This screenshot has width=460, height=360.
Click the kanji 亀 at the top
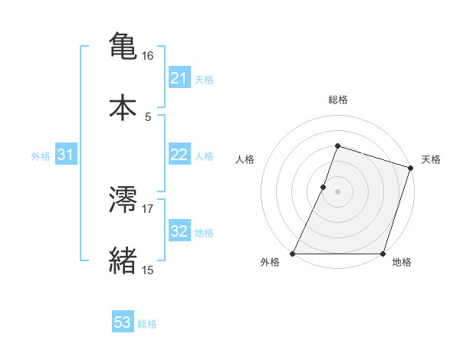click(123, 45)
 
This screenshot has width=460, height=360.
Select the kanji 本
click(123, 106)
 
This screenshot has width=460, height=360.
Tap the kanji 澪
click(123, 200)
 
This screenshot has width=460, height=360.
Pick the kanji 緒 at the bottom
click(123, 260)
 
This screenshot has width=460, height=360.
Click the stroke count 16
click(148, 56)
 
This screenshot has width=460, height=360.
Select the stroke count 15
click(148, 270)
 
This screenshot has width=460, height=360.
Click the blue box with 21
click(179, 78)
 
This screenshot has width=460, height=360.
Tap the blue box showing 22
click(179, 155)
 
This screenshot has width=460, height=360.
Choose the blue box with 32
click(179, 231)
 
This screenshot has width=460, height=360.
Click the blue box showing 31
click(66, 155)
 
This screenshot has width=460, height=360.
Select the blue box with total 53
click(122, 322)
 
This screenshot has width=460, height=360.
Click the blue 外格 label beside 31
click(41, 155)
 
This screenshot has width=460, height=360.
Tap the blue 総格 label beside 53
click(148, 324)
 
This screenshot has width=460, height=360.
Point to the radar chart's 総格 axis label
click(337, 100)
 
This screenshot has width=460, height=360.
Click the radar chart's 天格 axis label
click(432, 159)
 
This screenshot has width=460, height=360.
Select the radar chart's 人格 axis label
click(245, 159)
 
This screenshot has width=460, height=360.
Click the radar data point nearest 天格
click(410, 168)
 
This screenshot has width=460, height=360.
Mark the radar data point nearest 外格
click(293, 254)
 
